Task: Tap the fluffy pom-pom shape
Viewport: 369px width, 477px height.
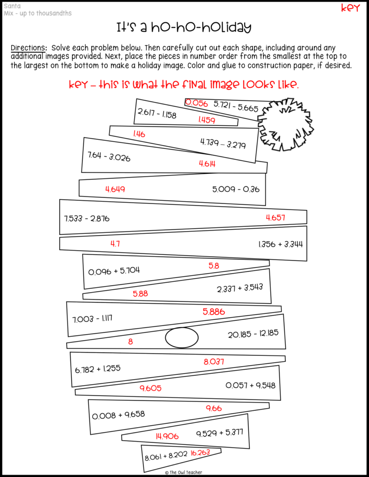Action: pyautogui.click(x=285, y=124)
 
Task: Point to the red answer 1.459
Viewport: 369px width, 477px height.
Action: pyautogui.click(x=206, y=120)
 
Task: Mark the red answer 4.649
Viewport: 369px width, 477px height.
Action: pyautogui.click(x=115, y=189)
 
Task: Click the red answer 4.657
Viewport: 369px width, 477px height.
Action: pyautogui.click(x=275, y=217)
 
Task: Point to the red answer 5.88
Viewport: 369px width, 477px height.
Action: pyautogui.click(x=140, y=293)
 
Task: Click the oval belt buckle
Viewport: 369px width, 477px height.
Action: pyautogui.click(x=182, y=337)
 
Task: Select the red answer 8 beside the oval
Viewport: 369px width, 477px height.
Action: pyautogui.click(x=130, y=341)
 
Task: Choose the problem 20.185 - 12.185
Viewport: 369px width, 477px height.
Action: pyautogui.click(x=253, y=334)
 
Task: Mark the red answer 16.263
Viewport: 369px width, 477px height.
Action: pyautogui.click(x=200, y=452)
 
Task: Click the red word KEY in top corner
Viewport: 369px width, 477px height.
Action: pyautogui.click(x=350, y=8)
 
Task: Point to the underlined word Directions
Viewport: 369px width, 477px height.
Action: pyautogui.click(x=28, y=48)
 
